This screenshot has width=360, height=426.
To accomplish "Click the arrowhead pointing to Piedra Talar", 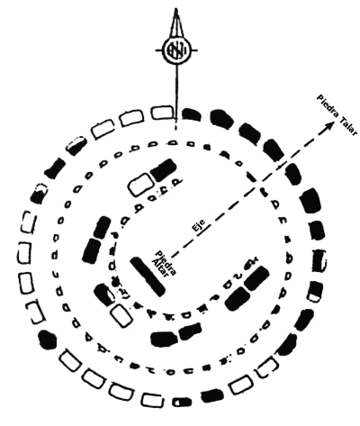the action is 329,124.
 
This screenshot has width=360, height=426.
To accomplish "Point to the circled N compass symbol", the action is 176,50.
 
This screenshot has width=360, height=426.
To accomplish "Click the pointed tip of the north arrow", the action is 176,9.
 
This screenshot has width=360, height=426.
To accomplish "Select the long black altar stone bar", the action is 148,276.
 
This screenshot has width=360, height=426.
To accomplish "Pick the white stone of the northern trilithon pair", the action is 141,185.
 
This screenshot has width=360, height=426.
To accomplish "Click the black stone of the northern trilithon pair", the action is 164,170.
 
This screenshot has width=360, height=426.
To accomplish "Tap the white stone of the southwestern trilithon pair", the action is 121,315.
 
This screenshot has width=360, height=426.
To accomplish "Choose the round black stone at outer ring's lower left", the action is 48,340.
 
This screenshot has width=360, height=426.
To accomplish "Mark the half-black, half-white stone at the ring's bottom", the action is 182,402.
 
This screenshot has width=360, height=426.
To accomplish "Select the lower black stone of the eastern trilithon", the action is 238,298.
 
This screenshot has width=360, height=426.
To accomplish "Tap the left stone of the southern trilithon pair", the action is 164,339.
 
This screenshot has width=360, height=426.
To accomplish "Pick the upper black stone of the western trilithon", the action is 101,227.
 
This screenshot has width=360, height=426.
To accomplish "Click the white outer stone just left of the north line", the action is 162,113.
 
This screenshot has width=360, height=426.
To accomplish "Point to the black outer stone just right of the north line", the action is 192,114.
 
